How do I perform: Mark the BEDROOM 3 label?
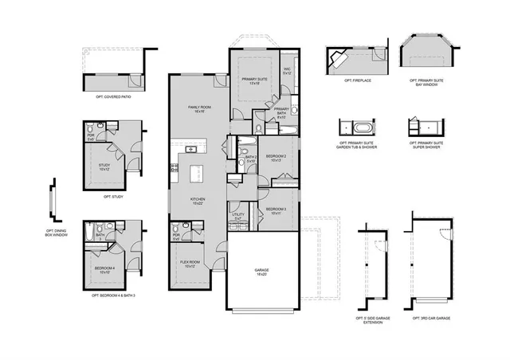pyautogui.click(x=276, y=209)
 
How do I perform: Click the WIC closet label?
pyautogui.click(x=288, y=69)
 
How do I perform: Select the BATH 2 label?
pyautogui.click(x=250, y=158)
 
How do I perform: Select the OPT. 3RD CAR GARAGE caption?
pyautogui.click(x=431, y=318)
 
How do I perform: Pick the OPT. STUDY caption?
pyautogui.click(x=112, y=196)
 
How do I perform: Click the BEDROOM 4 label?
pyautogui.click(x=104, y=269)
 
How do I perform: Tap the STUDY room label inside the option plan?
pyautogui.click(x=104, y=167)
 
